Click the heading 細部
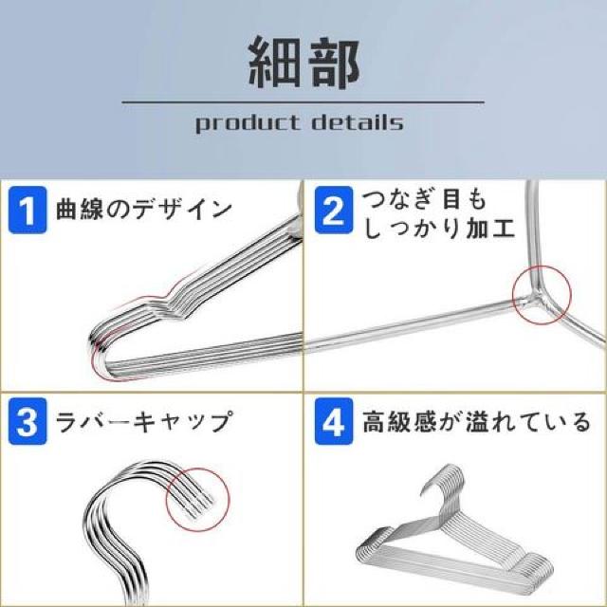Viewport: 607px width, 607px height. (303, 64)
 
